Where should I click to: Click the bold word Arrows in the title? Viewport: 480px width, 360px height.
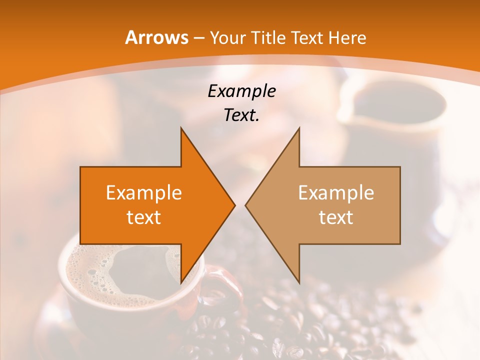[x=156, y=37]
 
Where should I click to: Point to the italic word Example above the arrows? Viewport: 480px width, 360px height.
[x=241, y=91]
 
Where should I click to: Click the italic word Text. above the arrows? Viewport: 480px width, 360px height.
[x=241, y=115]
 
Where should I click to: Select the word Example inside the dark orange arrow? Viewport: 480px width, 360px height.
[x=144, y=192]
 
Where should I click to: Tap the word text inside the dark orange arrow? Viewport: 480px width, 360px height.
[x=144, y=217]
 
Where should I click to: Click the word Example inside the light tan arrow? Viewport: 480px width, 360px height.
[x=336, y=192]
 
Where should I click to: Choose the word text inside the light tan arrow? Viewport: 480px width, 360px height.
[x=336, y=217]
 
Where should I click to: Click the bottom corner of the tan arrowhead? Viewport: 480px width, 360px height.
[x=299, y=282]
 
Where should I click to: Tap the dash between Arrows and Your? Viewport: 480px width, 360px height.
[x=198, y=38]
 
